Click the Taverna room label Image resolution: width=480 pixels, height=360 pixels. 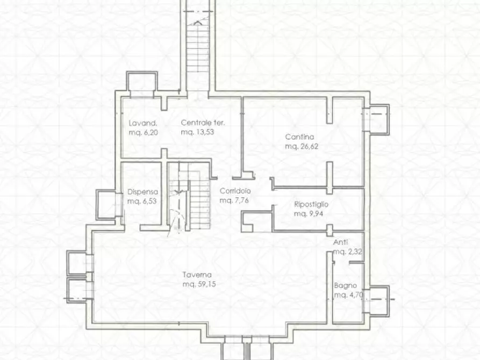(197, 275)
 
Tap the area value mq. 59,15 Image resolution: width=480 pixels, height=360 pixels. (199, 284)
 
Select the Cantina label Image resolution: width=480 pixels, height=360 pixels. (299, 137)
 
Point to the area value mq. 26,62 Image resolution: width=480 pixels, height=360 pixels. (302, 146)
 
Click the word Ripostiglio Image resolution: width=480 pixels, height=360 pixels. (311, 204)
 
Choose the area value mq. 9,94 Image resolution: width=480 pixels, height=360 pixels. (309, 214)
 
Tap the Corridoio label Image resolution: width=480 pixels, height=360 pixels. (235, 191)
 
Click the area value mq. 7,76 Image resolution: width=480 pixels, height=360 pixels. (234, 200)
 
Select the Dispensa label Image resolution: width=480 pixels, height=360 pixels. (142, 192)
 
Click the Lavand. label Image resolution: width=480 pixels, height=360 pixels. (143, 123)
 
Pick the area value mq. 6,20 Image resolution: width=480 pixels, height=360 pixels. (144, 133)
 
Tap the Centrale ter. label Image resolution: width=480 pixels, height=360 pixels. (203, 123)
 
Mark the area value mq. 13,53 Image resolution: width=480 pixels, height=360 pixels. (197, 132)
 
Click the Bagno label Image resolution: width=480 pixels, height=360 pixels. (345, 285)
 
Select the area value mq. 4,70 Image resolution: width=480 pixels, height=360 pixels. (348, 295)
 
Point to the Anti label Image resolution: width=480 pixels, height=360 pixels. (340, 242)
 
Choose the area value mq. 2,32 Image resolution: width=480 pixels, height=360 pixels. (348, 251)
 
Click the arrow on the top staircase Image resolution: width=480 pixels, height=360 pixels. (198, 23)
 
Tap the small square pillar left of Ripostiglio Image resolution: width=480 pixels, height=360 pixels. (247, 228)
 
